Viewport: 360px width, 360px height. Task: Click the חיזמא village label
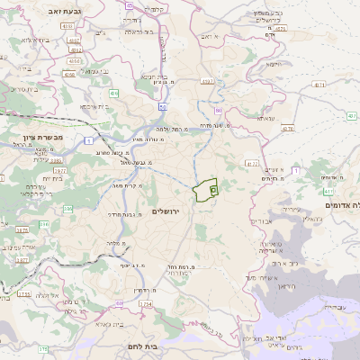coord(274,64)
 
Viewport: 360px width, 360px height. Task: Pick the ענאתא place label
coord(265,118)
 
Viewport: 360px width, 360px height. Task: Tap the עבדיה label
coord(330,307)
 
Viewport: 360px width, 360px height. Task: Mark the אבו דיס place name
coord(264,220)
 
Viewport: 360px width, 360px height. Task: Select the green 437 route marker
coord(328,192)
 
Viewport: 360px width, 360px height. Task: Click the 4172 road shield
coord(251,163)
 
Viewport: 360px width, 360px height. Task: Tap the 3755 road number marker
coord(23,293)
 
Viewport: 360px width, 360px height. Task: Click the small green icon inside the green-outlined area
coord(213,189)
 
